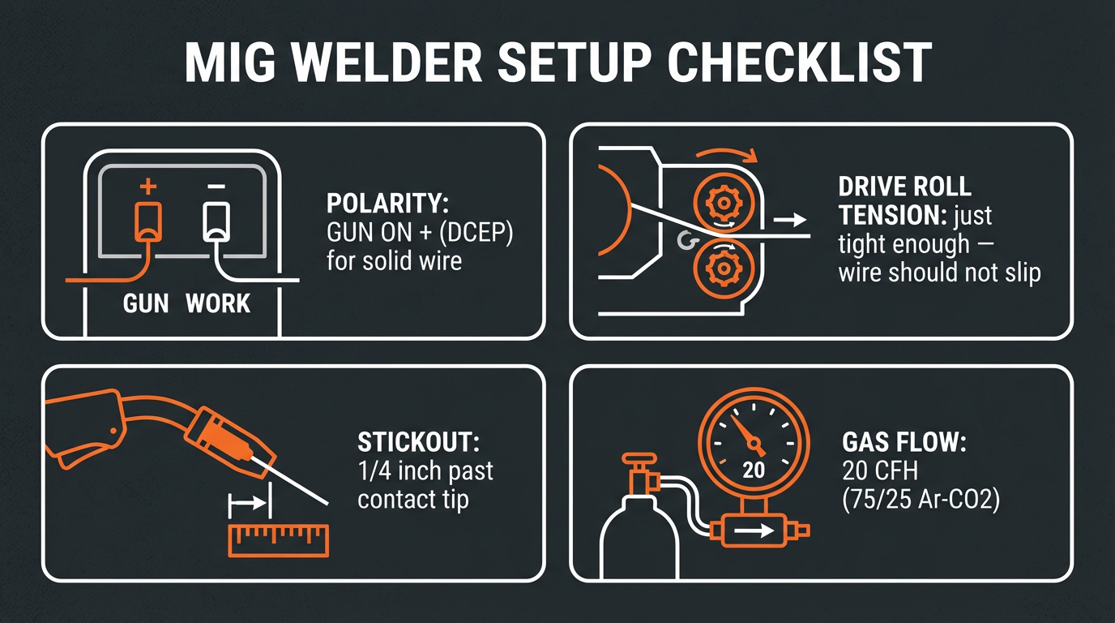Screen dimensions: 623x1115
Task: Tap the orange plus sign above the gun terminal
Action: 147,187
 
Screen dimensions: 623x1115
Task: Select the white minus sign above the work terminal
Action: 216,187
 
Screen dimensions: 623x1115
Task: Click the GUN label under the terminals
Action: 146,304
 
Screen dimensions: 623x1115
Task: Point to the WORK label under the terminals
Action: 218,304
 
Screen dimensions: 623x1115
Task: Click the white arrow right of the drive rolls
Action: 789,219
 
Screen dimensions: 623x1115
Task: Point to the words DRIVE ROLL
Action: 904,187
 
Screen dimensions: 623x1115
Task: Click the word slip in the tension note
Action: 1019,272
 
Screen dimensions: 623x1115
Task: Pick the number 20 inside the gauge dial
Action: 754,470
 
